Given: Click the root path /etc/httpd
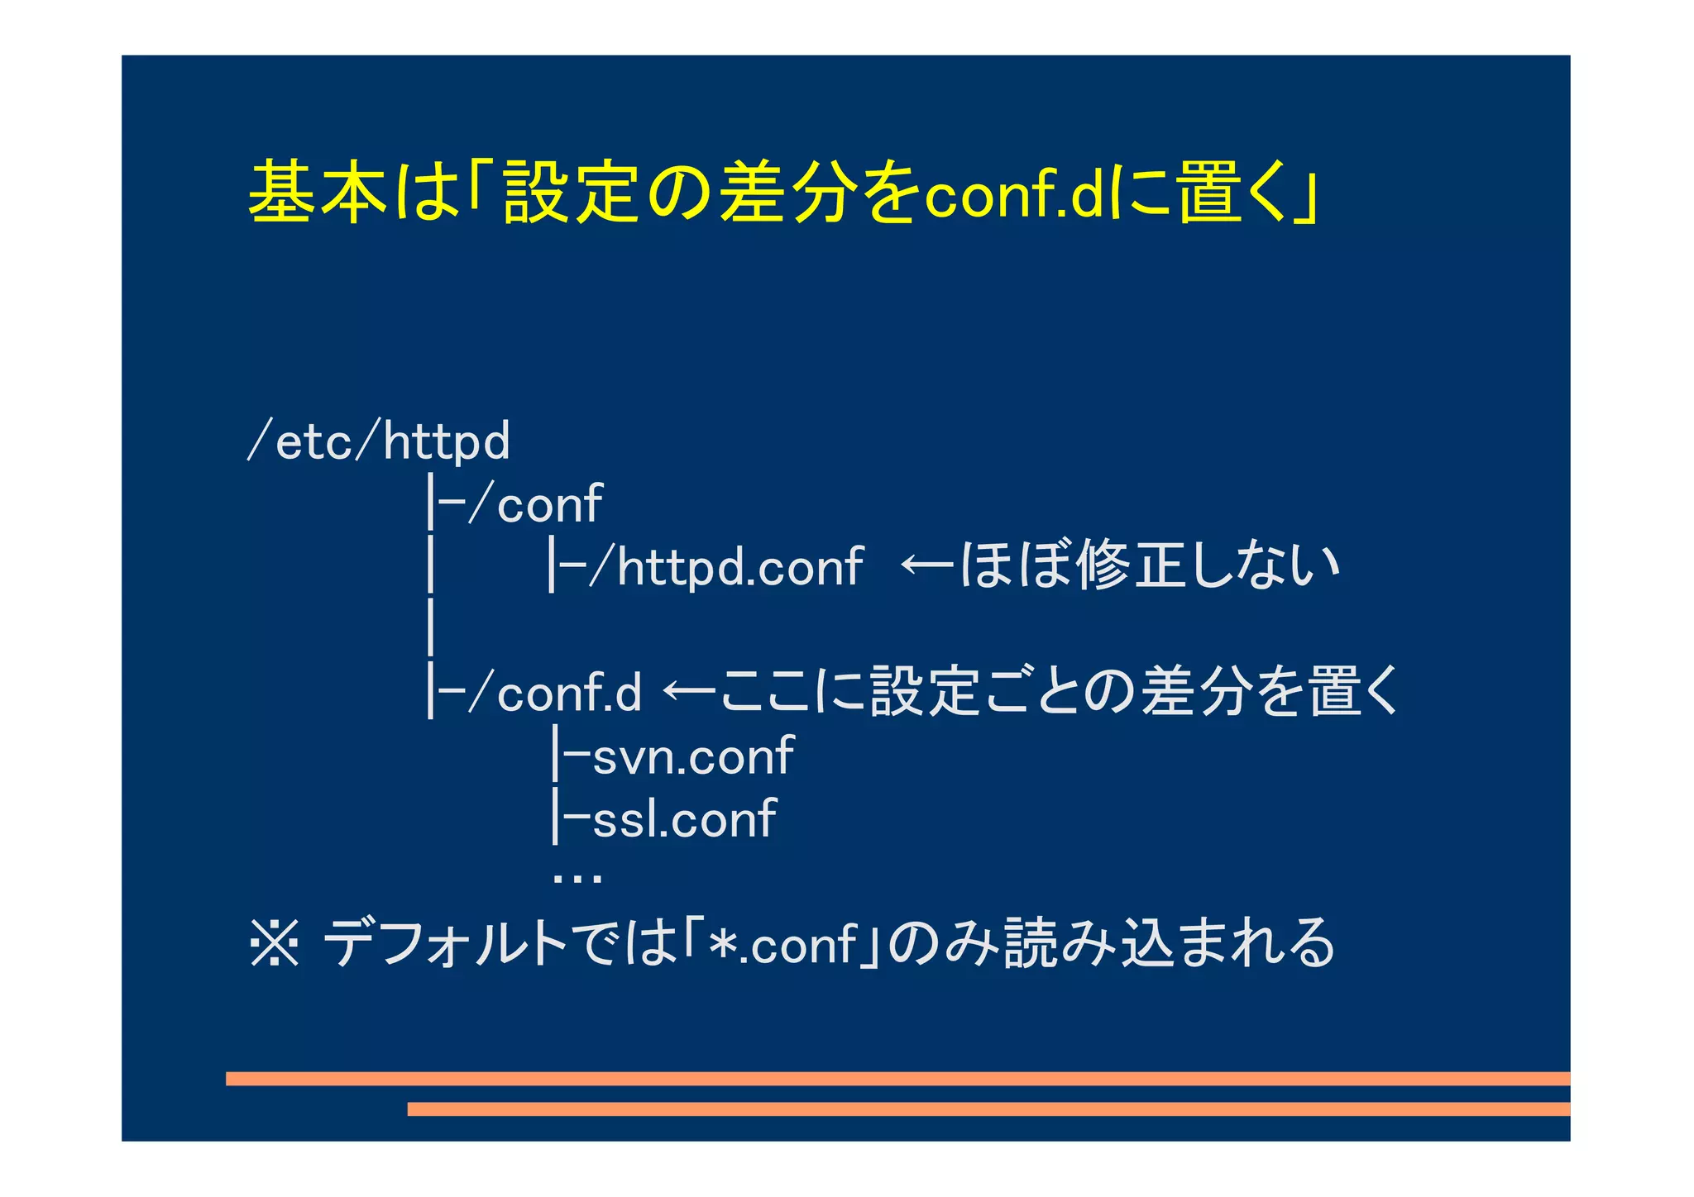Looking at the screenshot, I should pyautogui.click(x=379, y=441).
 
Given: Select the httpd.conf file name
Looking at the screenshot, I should pyautogui.click(x=740, y=567).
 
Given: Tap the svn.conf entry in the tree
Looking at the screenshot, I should pyautogui.click(x=693, y=756).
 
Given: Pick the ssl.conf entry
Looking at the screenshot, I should pyautogui.click(x=684, y=818).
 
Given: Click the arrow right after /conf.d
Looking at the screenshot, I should pyautogui.click(x=688, y=690).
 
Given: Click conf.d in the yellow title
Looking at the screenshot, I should pyautogui.click(x=1014, y=197).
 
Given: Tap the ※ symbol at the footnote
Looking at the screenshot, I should pyautogui.click(x=274, y=943).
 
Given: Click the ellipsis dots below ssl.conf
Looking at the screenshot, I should pyautogui.click(x=577, y=878).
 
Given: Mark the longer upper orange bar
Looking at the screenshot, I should pyautogui.click(x=897, y=1079).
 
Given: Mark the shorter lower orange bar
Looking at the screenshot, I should pyautogui.click(x=988, y=1109).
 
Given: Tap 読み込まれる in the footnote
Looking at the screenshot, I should pyautogui.click(x=1170, y=943).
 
